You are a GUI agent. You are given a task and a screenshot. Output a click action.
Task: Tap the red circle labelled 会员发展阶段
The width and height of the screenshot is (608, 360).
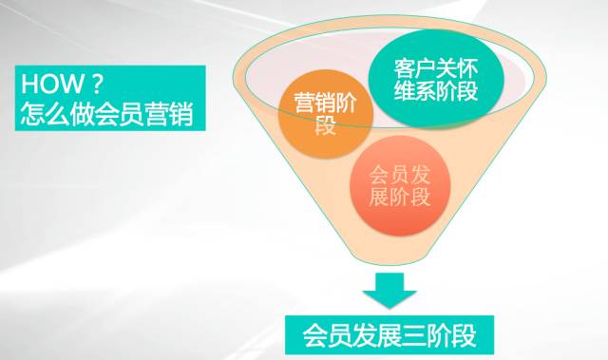coord(397,186)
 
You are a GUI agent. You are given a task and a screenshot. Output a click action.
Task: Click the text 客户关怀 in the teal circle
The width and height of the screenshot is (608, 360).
coord(435,69)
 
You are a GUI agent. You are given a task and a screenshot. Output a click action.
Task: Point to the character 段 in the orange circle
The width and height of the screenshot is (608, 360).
coord(326,127)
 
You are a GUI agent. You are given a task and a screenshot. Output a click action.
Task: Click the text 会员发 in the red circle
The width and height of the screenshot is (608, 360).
coord(398,174)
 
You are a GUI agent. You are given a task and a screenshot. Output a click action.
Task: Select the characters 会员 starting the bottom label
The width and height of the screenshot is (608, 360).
coord(326,333)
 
